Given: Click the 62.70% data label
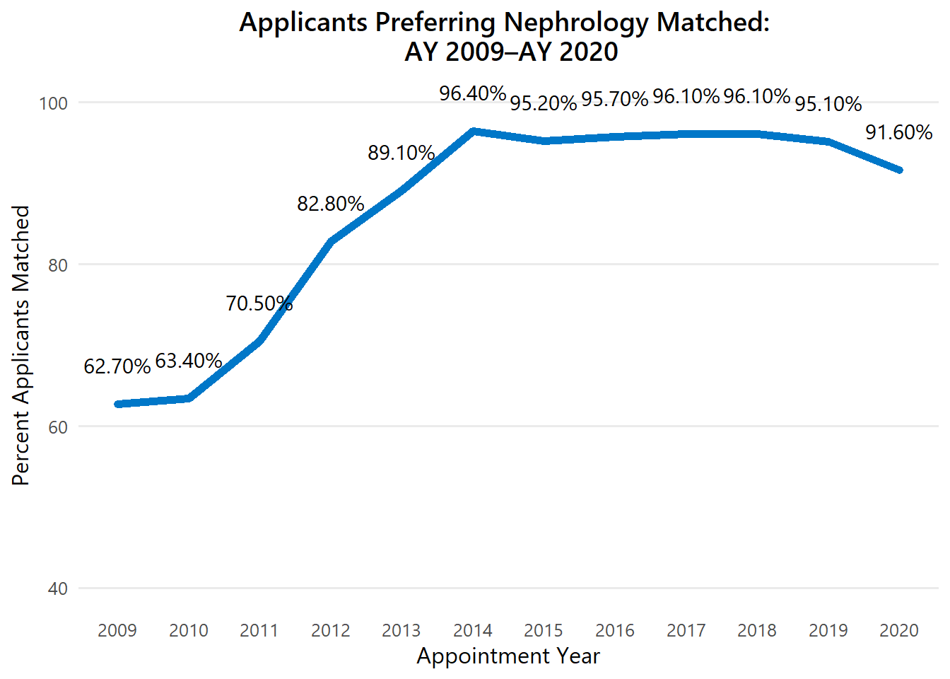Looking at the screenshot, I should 117,366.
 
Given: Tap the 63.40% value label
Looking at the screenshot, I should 189,361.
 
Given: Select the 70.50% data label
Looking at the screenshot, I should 259,303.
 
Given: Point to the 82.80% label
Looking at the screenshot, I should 331,204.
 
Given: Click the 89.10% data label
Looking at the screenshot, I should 401,153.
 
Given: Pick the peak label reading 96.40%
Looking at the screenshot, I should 473,93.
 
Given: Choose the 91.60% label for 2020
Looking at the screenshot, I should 899,132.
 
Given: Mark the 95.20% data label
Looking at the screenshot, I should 544,103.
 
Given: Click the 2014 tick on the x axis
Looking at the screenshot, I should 473,630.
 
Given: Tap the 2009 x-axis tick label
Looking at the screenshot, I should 117,630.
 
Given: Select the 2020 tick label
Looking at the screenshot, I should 899,630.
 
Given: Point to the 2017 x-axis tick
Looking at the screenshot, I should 686,630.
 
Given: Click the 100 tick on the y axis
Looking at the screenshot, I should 53,103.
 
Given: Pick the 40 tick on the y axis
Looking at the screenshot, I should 58,588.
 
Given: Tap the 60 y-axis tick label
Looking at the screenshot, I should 58,426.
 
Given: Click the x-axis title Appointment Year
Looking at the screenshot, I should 508,656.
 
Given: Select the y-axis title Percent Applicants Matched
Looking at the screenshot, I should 21,345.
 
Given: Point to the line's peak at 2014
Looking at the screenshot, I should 473,131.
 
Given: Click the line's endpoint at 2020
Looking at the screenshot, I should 899,170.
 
